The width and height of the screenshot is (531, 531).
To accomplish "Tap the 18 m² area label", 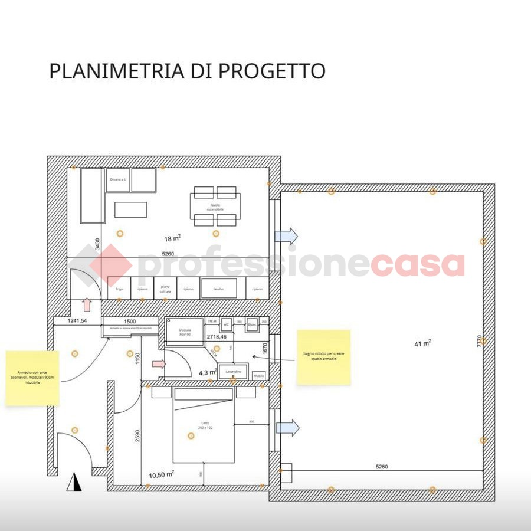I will [172, 238].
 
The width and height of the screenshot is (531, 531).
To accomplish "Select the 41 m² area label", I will [422, 343].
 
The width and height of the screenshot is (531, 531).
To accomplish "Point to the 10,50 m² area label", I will [161, 474].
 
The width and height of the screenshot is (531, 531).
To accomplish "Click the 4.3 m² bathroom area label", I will [208, 372].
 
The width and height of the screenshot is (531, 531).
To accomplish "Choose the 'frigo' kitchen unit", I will [119, 289].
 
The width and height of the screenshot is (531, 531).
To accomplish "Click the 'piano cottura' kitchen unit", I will [165, 289].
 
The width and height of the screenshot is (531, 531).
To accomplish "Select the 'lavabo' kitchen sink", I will [218, 289].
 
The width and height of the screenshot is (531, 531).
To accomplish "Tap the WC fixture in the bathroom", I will [226, 324].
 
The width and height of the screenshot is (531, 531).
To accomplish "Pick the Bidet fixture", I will [252, 324].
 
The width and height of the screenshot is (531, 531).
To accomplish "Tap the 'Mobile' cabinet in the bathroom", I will [258, 375].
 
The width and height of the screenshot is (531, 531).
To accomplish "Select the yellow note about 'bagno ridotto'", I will [323, 358].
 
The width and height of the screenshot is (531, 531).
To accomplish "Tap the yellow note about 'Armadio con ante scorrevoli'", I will [32, 378].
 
